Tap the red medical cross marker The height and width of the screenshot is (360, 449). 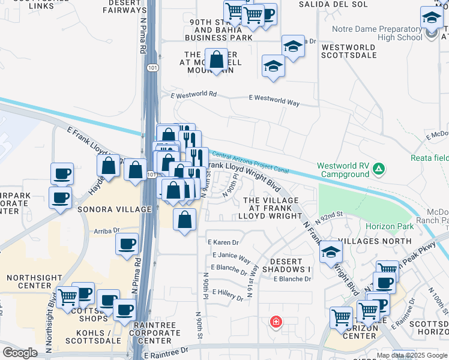276,322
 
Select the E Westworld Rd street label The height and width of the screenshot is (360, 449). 193,95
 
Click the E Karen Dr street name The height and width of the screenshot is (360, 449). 223,243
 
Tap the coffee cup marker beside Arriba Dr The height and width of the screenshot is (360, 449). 127,244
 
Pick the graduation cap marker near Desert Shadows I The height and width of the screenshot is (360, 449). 330,252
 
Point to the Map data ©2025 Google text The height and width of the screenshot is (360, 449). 412,356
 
